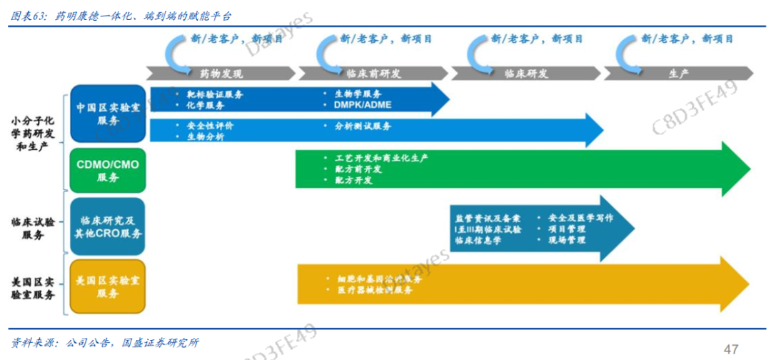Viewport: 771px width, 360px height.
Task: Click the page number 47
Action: coord(730,349)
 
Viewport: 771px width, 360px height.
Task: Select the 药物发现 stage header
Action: coord(221,74)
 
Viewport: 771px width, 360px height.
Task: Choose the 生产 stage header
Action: coord(678,74)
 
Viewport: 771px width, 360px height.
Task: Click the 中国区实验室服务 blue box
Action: coord(108,114)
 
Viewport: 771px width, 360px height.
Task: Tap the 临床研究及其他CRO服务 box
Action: coord(108,227)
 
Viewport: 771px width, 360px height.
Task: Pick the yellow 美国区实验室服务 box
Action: coord(108,286)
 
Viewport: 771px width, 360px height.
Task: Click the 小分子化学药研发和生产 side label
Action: coord(32,134)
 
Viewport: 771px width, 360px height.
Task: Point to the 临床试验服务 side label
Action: coord(32,229)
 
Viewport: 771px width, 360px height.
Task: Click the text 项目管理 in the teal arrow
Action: coord(567,229)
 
